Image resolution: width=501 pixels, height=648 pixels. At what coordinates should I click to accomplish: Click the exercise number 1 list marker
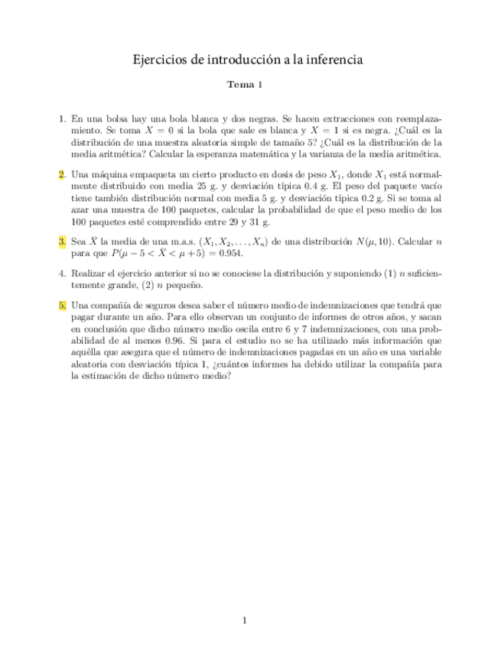point(63,119)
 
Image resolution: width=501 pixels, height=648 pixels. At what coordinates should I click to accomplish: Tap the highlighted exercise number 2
point(63,174)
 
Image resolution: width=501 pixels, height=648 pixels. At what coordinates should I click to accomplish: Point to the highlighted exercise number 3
point(63,241)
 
